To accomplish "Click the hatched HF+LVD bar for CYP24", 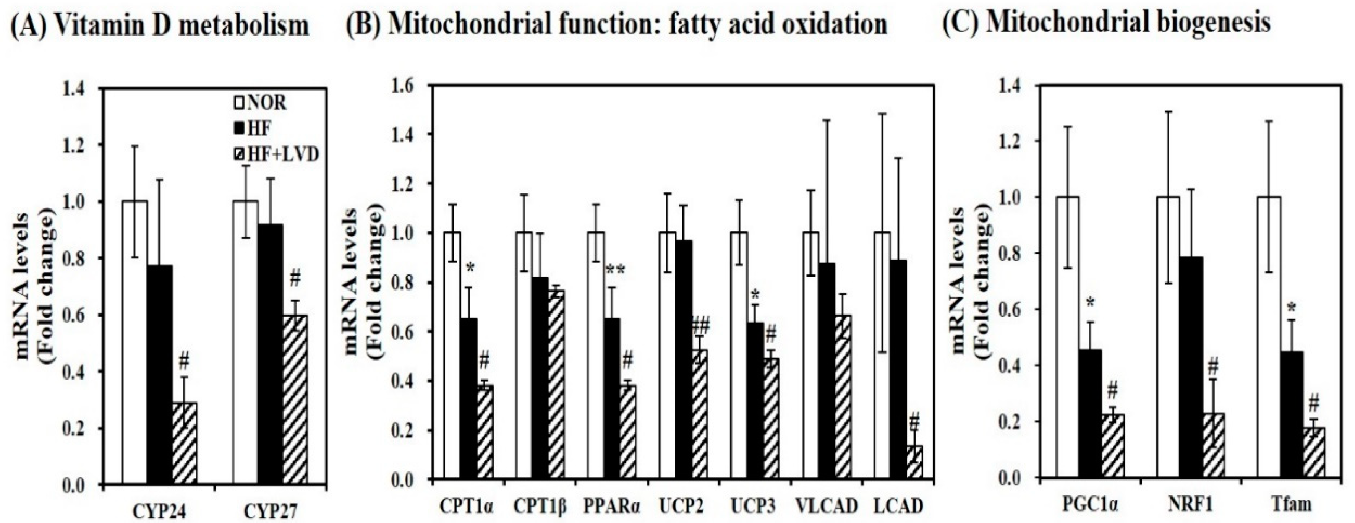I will pyautogui.click(x=185, y=442).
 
